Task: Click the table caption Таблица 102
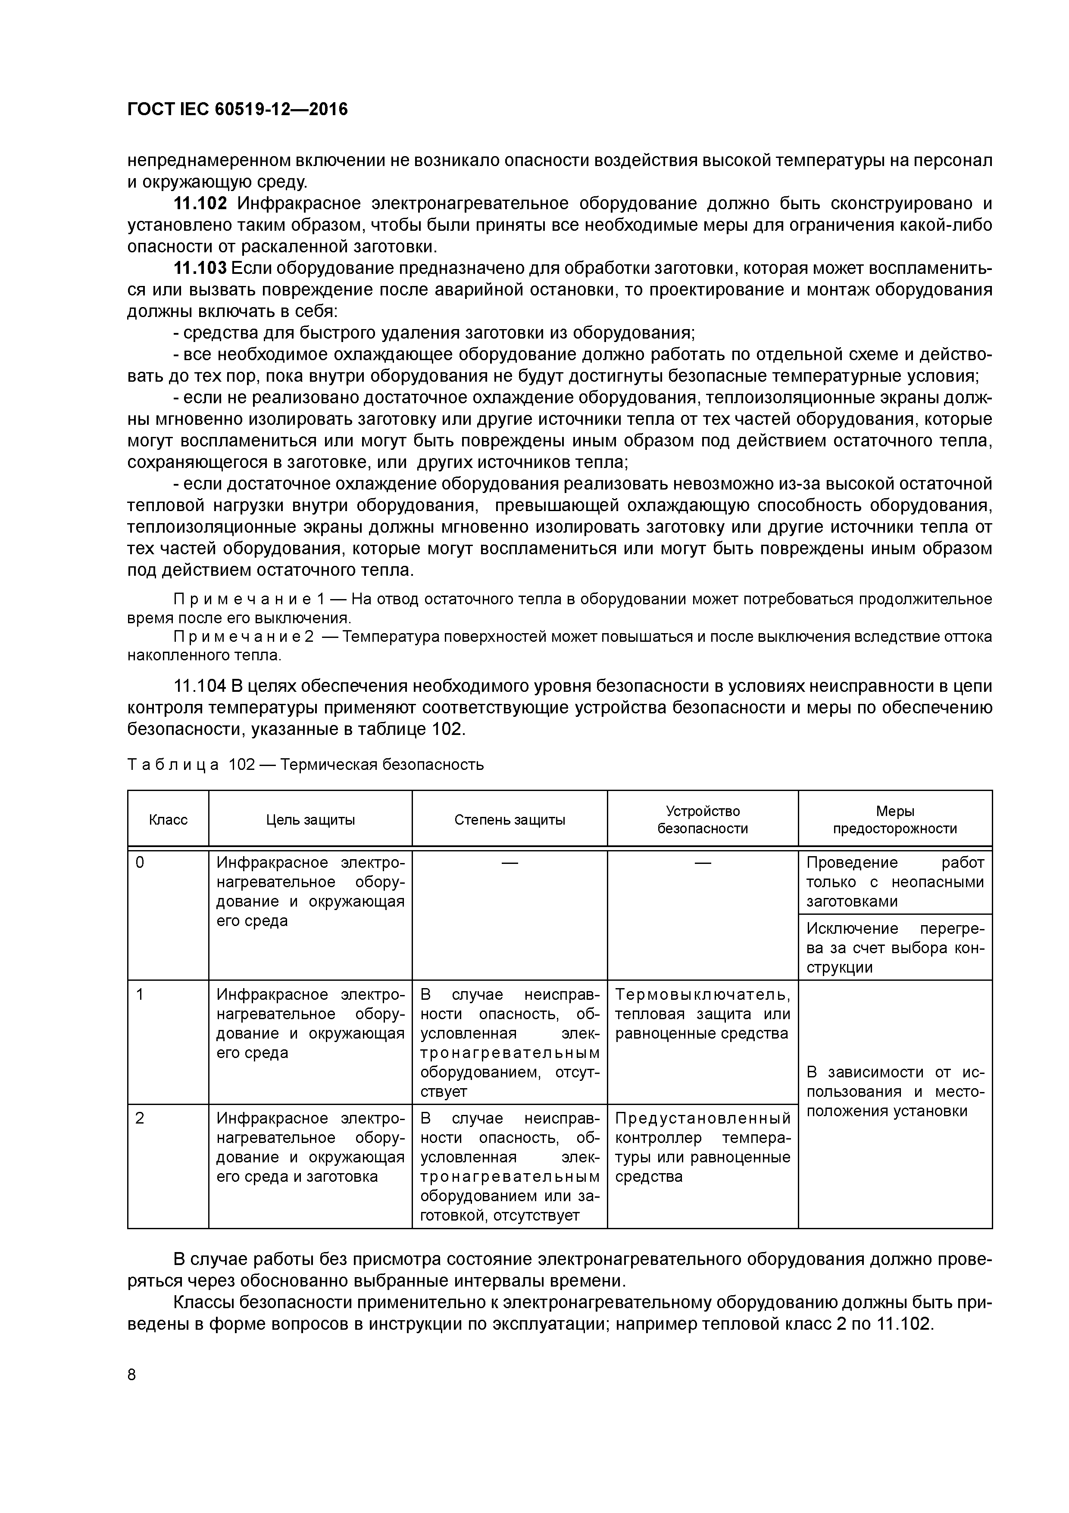pos(191,764)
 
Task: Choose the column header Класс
pos(168,820)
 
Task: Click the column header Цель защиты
pos(310,820)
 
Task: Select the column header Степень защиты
pos(509,820)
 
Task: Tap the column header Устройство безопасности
pos(702,820)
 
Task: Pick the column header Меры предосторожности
pos(894,820)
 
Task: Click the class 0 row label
pos(140,863)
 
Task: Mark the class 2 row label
pos(140,1118)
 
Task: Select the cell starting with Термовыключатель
pos(702,1014)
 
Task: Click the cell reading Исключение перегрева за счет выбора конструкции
pos(894,948)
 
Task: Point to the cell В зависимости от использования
pos(894,1091)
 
